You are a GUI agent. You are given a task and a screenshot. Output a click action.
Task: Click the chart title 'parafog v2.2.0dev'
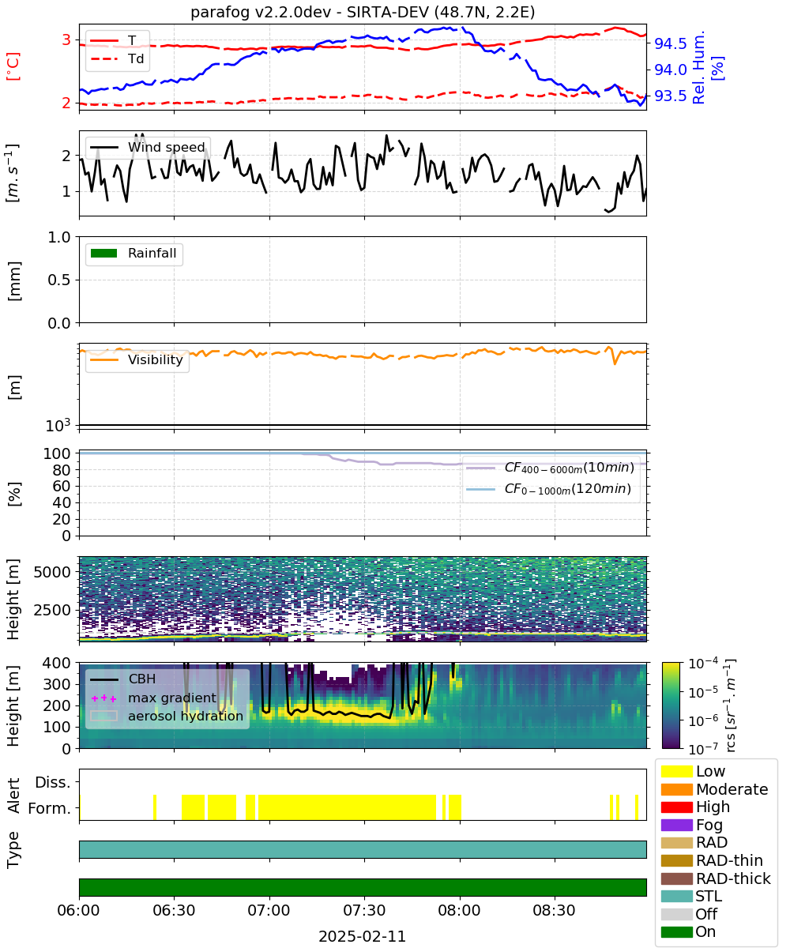point(261,12)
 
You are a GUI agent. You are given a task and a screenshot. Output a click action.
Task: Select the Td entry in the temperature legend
point(117,58)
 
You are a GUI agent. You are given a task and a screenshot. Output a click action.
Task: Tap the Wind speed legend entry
point(148,147)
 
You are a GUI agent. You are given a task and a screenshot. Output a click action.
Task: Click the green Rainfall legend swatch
point(104,254)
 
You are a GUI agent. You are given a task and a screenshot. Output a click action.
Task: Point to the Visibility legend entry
point(136,359)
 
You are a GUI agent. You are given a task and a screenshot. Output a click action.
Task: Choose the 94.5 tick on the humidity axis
point(670,43)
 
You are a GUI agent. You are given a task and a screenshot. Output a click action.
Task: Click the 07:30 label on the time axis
point(364,910)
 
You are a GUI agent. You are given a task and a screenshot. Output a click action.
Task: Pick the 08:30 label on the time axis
point(554,910)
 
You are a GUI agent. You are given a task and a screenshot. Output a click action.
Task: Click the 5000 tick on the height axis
point(52,572)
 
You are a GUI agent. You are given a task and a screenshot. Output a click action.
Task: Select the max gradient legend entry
point(154,698)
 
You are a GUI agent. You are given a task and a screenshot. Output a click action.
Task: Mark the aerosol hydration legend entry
point(167,716)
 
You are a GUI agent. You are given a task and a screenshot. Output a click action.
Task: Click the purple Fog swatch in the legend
point(676,825)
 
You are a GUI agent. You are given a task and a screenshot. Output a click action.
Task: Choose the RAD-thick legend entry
point(716,878)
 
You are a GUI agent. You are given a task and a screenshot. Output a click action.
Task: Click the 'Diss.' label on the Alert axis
point(53,782)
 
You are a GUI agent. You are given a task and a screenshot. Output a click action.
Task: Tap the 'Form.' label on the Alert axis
point(50,809)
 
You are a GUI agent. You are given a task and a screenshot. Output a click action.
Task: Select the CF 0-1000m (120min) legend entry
point(549,489)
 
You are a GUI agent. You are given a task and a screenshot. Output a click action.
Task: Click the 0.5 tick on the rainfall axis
point(59,280)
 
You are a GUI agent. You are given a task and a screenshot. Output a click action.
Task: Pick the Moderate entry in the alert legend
point(714,789)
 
